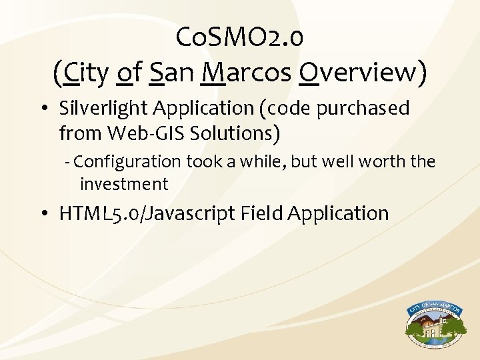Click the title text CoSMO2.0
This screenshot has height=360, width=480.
240,38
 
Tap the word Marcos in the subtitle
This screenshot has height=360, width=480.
245,73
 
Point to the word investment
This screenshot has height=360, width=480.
124,183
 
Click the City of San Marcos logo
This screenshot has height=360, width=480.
436,325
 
